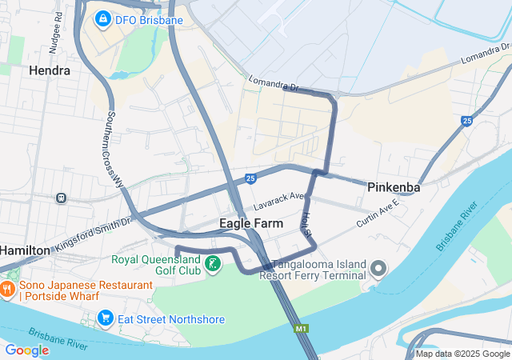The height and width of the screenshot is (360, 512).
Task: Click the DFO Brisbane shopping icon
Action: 102,18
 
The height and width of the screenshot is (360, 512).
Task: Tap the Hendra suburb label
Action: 50,70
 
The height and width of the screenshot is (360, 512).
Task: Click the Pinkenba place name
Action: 394,187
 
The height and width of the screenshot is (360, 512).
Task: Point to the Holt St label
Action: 307,223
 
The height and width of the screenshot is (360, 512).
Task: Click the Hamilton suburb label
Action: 24,250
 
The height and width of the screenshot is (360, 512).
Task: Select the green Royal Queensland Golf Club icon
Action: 213,264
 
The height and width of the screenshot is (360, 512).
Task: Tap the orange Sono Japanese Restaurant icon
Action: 8,289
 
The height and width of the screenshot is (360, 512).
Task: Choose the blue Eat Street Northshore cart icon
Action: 105,319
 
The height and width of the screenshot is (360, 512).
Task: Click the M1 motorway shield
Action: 301,328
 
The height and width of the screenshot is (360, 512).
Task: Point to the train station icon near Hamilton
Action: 61,198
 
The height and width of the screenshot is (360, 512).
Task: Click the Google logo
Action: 27,350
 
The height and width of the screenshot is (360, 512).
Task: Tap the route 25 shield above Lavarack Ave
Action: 250,178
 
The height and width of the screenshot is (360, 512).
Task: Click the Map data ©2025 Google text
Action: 462,354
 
